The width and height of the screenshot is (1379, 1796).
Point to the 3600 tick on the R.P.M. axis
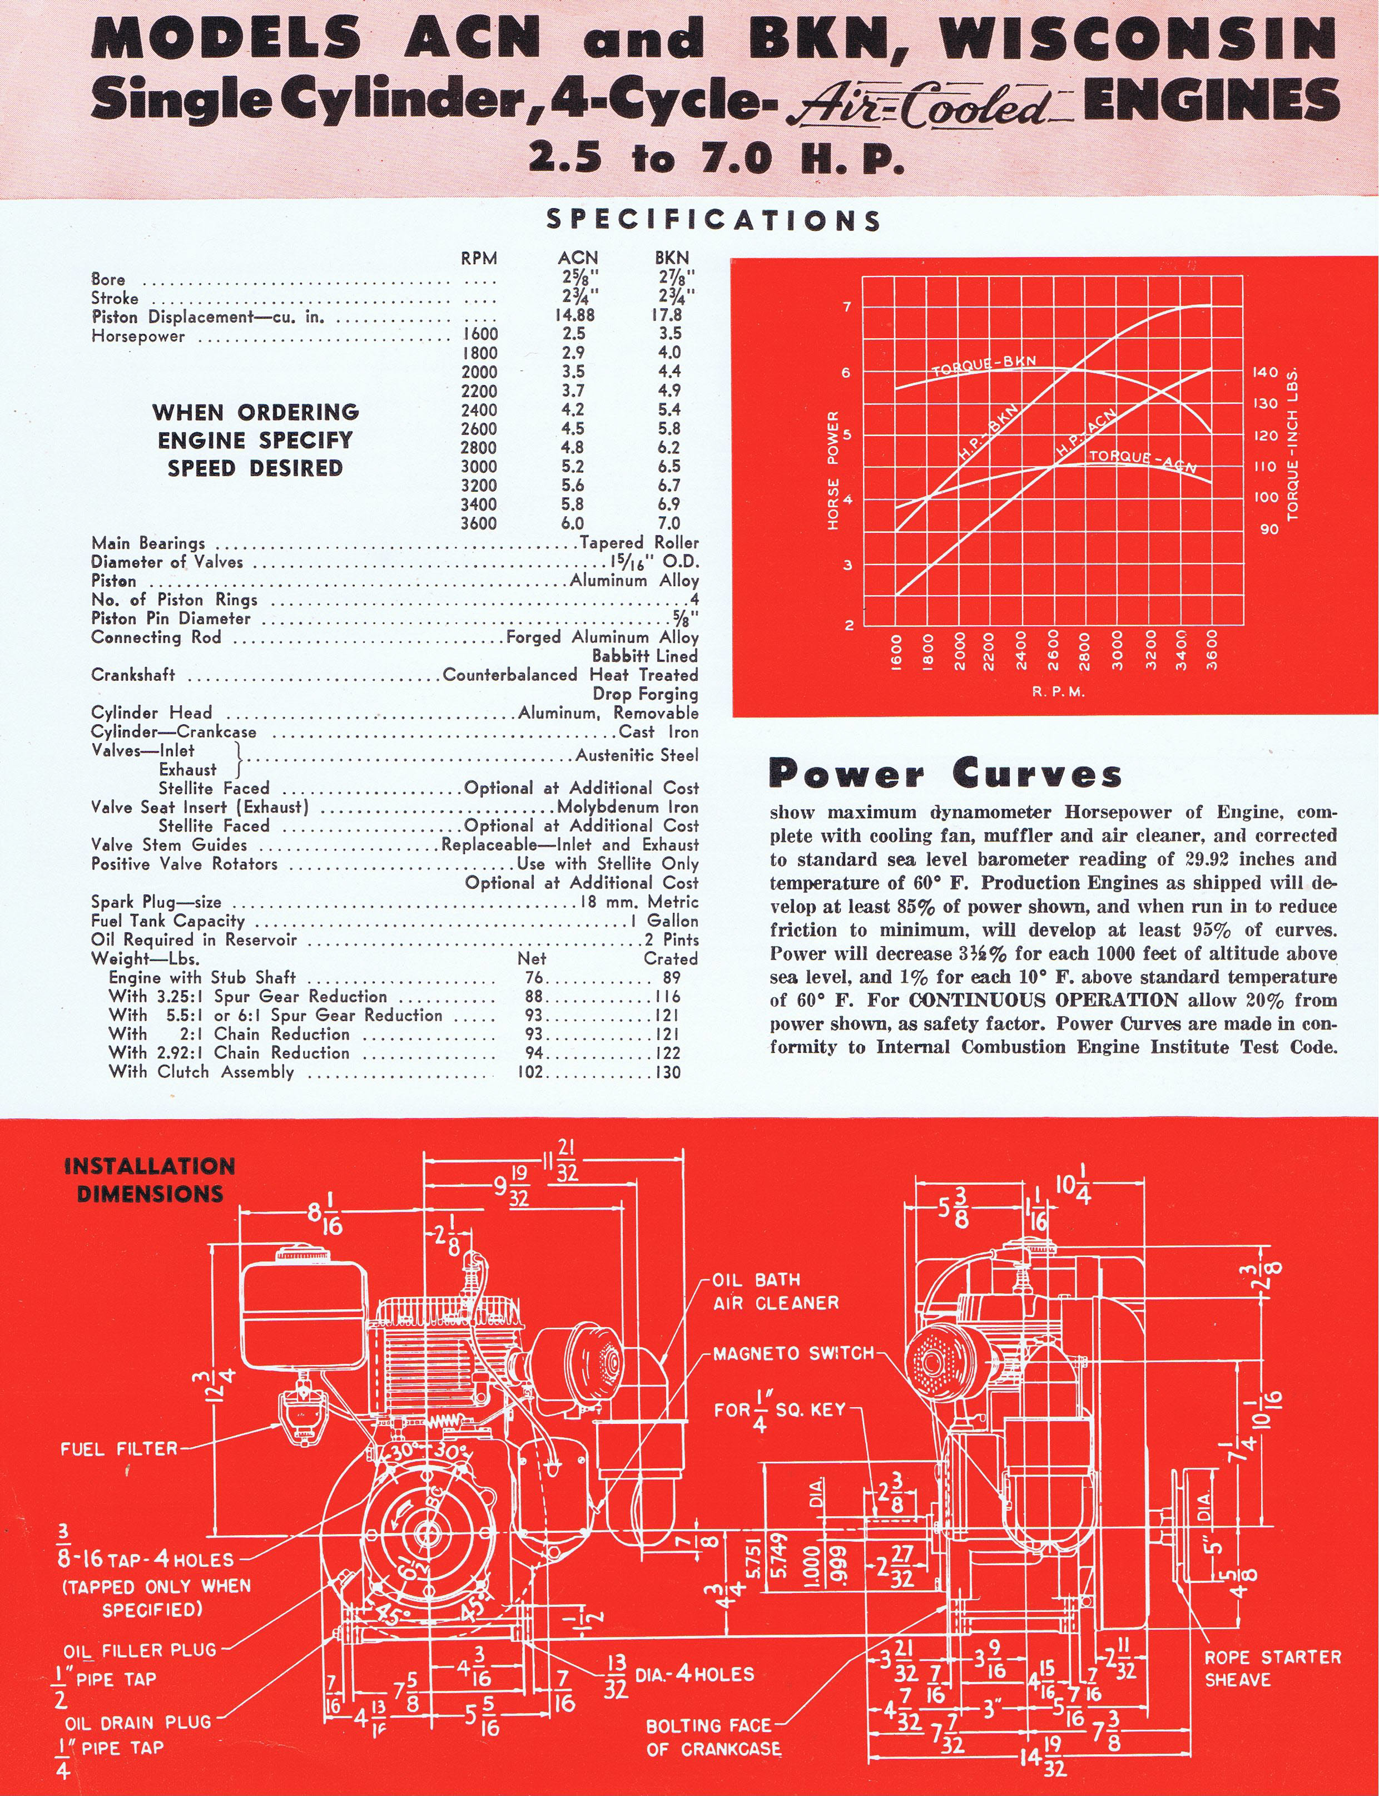[x=1212, y=650]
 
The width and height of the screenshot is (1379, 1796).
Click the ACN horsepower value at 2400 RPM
[x=572, y=409]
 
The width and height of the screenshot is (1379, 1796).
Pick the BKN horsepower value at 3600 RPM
[x=669, y=523]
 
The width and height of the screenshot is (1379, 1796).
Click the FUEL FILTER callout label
[x=119, y=1449]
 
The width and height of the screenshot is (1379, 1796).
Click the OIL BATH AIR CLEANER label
[x=775, y=1291]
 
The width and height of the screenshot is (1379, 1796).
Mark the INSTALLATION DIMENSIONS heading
[x=150, y=1180]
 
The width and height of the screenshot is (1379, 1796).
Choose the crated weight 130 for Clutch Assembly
[x=668, y=1072]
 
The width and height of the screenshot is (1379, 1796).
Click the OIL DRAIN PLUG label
[x=138, y=1721]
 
